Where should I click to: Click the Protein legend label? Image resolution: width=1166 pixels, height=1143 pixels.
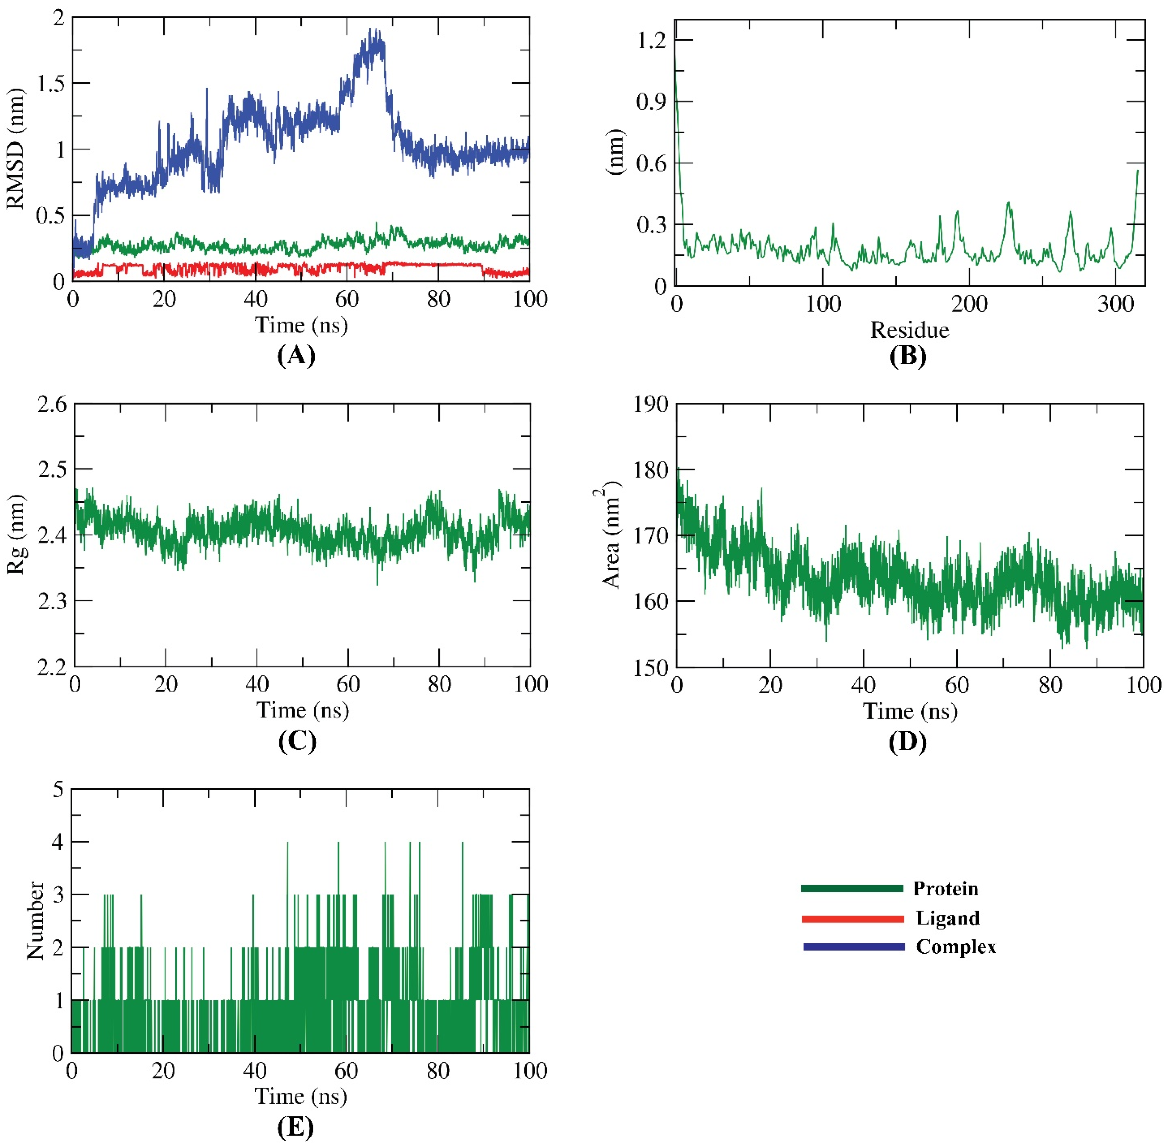[945, 889]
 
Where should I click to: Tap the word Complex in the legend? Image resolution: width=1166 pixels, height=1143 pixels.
[955, 947]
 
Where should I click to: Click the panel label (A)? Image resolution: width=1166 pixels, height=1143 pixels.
[296, 356]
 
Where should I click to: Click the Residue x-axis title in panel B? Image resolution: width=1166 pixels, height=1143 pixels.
[909, 330]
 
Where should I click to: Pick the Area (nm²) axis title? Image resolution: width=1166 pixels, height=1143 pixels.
[609, 534]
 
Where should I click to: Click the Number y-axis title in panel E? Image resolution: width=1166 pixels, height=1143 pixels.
[35, 920]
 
